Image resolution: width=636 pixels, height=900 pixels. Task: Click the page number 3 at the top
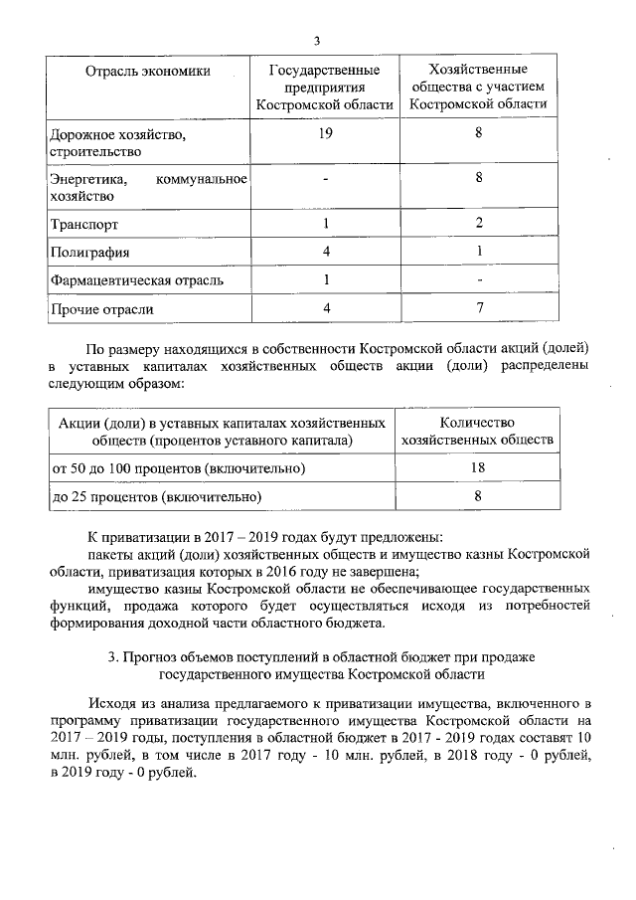[317, 41]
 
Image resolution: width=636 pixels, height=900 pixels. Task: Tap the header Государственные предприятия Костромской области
[325, 87]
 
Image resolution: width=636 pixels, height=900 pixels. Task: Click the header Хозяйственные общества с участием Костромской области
[478, 87]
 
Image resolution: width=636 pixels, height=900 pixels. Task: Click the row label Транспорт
[83, 225]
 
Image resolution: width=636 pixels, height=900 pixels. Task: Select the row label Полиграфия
[89, 253]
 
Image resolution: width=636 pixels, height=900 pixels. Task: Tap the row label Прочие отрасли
[101, 309]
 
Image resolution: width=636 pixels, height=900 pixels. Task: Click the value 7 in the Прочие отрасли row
[479, 309]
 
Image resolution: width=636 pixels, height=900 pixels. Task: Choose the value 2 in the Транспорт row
[479, 224]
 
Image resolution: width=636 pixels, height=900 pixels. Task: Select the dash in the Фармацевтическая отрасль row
[479, 281]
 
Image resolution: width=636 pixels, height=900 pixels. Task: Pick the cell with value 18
[476, 466]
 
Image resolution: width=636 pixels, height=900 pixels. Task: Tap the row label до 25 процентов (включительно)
[156, 495]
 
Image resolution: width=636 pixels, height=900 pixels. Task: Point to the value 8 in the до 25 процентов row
[477, 494]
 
